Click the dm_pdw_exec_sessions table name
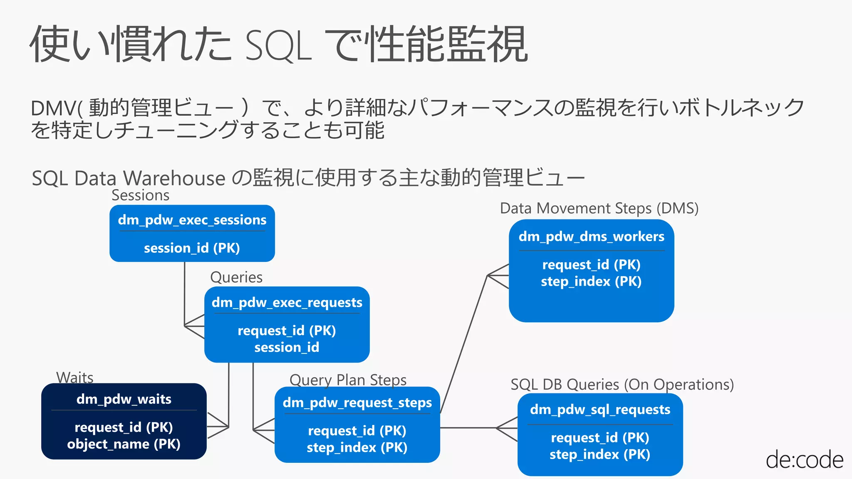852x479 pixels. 192,220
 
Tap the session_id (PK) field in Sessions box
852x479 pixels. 192,248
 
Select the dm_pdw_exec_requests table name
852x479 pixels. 287,302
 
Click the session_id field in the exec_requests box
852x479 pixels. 287,347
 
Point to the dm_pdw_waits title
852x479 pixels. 124,399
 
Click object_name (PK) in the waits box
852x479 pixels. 124,444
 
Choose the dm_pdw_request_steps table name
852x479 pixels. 357,402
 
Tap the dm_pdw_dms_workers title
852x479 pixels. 591,237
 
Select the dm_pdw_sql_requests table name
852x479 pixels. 600,410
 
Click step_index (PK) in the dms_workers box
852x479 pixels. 591,281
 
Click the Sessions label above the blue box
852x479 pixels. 140,195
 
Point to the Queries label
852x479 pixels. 236,277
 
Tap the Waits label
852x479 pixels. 75,378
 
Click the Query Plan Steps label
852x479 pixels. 348,380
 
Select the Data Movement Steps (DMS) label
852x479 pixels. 599,208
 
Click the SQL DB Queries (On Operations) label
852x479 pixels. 622,384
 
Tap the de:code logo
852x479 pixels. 804,460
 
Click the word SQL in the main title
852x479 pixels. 278,46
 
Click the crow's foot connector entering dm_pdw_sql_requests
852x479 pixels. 507,428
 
